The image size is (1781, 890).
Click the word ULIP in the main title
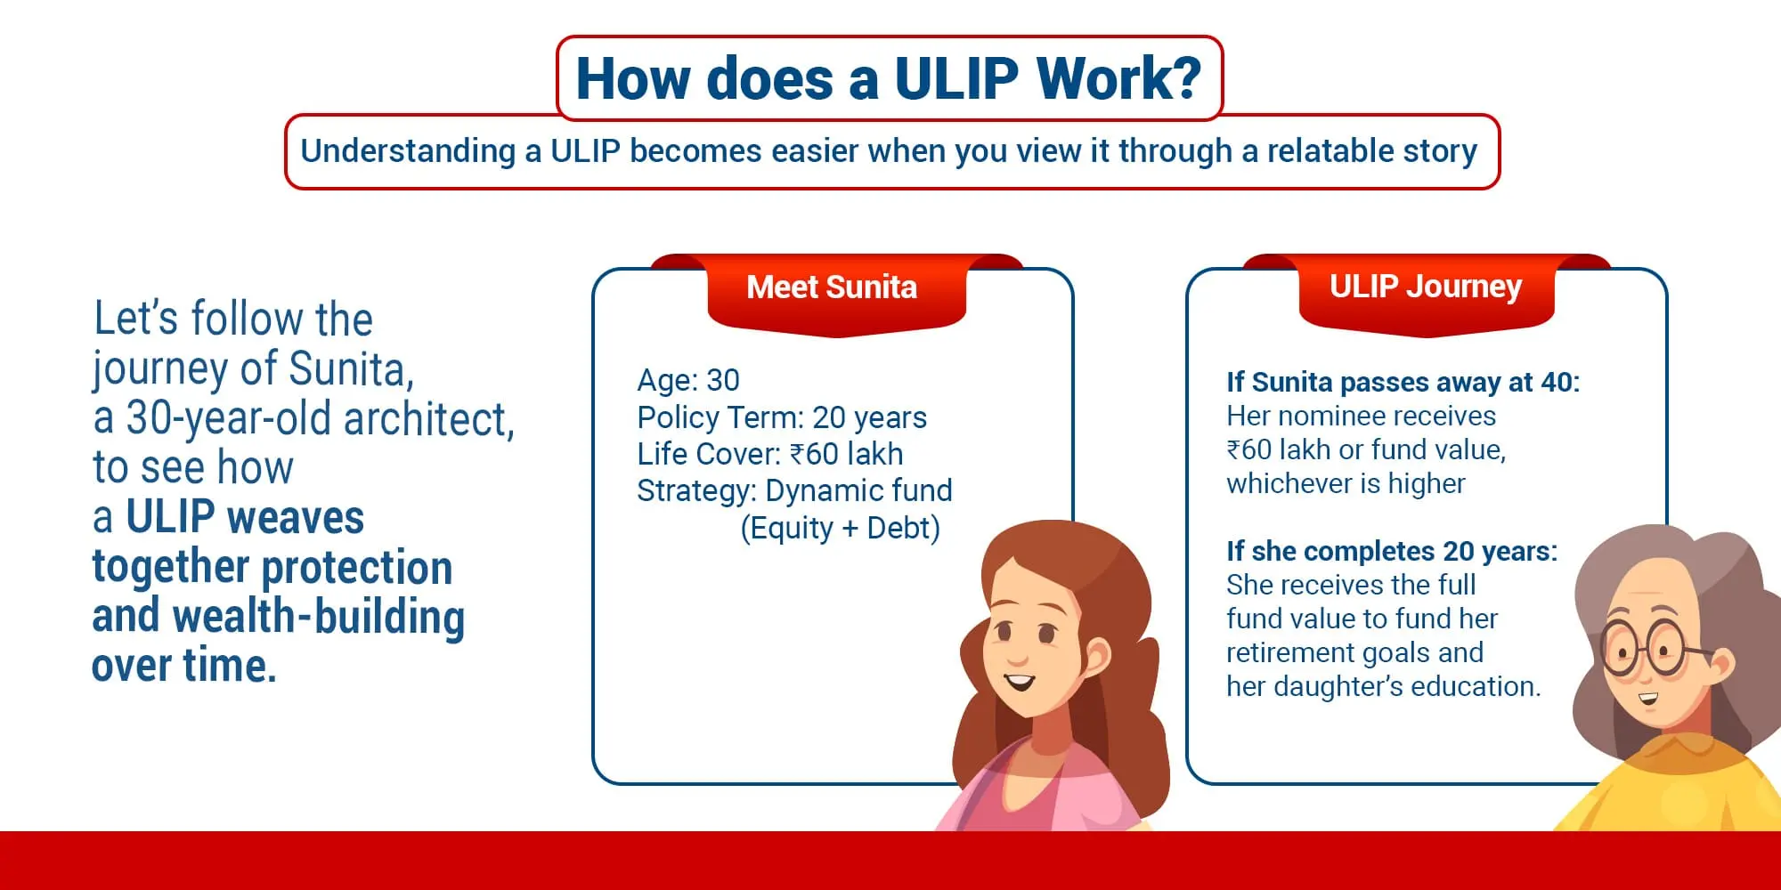[x=956, y=78]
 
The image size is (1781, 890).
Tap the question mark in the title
[x=1184, y=78]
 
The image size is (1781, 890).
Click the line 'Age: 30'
[x=688, y=381]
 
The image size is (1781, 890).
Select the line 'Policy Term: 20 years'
[x=782, y=417]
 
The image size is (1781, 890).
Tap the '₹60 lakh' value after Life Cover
[x=847, y=454]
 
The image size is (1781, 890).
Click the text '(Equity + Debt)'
[x=841, y=529]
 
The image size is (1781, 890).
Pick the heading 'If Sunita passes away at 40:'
[x=1403, y=382]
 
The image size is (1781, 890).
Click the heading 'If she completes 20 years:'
[x=1392, y=552]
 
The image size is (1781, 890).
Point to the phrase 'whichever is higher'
[x=1346, y=484]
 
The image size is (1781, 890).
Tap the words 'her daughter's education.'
[x=1384, y=687]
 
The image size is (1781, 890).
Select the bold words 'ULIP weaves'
[x=245, y=517]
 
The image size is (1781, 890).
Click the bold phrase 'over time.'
[x=184, y=666]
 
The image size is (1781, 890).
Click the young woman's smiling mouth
[x=1020, y=684]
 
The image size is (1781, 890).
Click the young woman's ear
[x=1097, y=659]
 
